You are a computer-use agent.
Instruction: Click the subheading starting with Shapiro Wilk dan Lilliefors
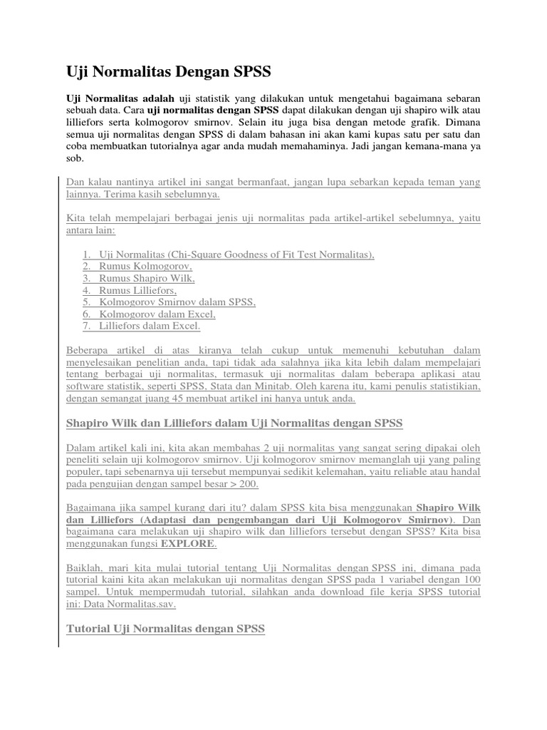coord(234,423)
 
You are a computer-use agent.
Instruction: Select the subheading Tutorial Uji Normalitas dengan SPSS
coord(165,629)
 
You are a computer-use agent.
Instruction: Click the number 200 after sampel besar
coord(248,484)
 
